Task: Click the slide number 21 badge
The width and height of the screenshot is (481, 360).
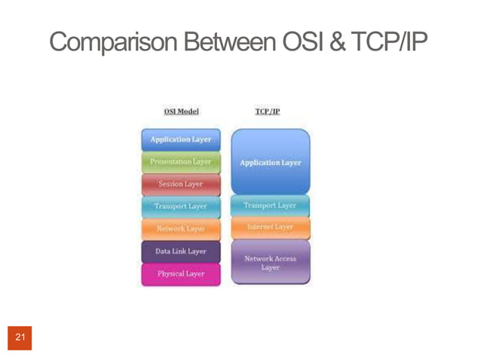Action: click(20, 337)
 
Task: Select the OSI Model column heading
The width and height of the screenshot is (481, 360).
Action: click(181, 111)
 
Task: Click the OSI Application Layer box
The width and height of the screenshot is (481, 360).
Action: click(181, 139)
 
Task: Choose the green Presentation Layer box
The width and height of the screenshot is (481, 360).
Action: click(181, 162)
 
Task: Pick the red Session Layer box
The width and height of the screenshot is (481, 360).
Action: click(181, 184)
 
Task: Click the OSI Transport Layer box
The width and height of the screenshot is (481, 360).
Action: click(181, 206)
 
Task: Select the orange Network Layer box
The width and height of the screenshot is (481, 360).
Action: click(181, 228)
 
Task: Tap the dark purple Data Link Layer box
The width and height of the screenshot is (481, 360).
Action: click(181, 251)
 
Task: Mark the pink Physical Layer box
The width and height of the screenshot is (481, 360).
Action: click(181, 274)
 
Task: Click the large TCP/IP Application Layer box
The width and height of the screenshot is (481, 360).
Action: click(270, 162)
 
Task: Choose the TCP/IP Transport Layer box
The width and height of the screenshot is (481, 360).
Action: click(270, 206)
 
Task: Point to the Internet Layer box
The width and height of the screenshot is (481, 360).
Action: click(270, 227)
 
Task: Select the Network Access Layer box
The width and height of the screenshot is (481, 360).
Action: click(270, 262)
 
